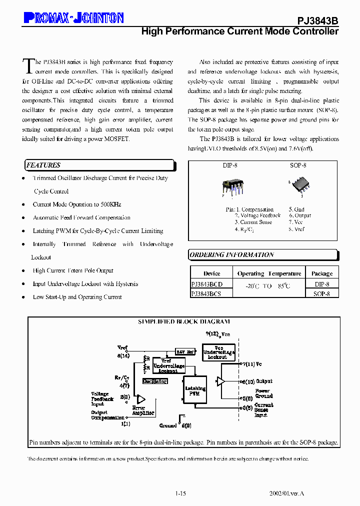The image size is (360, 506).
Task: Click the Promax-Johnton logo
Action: click(73, 18)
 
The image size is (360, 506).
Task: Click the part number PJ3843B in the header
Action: click(318, 20)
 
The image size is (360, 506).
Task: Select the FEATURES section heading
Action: click(43, 165)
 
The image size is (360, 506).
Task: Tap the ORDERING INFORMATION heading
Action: click(231, 255)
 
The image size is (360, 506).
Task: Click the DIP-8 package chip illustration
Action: click(232, 186)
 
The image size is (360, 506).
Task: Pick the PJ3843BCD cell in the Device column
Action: click(207, 284)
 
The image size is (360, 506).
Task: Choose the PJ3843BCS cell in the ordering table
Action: click(206, 294)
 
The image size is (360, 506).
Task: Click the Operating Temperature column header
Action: click(269, 273)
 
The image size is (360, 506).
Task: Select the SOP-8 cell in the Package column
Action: click(321, 294)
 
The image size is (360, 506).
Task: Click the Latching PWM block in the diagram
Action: click(195, 391)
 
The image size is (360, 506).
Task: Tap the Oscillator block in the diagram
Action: click(154, 381)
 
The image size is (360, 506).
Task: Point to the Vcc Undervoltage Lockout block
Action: click(218, 352)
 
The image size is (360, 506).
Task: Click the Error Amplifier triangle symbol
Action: click(141, 399)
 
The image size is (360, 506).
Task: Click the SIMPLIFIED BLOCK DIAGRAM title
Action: click(184, 321)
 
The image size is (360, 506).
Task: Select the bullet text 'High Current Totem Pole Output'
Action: click(73, 270)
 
